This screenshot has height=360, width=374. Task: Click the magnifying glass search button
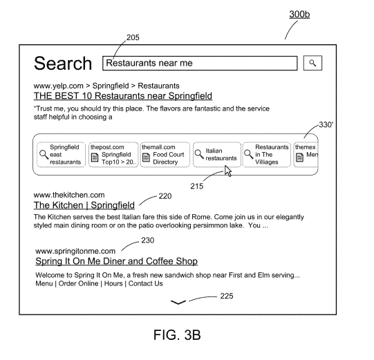coord(312,63)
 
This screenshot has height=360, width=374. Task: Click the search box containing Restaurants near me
coord(200,63)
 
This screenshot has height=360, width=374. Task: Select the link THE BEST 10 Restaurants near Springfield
coord(123,96)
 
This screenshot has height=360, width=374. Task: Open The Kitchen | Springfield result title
coord(84,205)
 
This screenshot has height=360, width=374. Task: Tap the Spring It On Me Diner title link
coord(116,261)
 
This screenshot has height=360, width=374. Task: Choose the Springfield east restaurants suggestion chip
coord(61,155)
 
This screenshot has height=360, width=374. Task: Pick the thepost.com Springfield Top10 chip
coord(113,155)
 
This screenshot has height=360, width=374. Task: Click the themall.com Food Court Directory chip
coord(165,155)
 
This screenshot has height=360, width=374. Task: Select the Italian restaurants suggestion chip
coord(217,155)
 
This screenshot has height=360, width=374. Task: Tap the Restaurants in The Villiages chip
coord(267,155)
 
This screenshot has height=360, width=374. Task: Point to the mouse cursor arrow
coord(227,171)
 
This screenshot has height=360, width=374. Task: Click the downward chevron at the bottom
coord(178,303)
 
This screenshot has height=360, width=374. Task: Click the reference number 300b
coord(299,15)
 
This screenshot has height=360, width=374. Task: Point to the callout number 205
coord(133,37)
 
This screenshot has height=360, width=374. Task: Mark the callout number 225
coord(227,296)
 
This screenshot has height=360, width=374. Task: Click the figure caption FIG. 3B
coord(177,334)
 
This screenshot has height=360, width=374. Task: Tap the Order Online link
coord(78,283)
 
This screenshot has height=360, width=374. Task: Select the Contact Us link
coord(145,283)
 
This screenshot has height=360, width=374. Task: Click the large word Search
coord(63,63)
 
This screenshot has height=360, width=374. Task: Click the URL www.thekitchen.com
coord(69,195)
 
